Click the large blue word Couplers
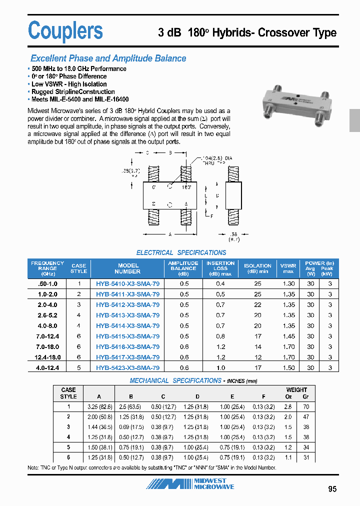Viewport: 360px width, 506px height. pos(65,30)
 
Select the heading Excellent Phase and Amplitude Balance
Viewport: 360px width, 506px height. pos(108,58)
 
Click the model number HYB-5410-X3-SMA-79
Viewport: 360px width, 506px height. pos(127,283)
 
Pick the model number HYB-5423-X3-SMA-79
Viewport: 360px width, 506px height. pos(127,368)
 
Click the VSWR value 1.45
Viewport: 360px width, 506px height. pos(288,336)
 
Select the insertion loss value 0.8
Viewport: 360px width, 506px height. pos(220,336)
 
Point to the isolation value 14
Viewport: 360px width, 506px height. pos(257,347)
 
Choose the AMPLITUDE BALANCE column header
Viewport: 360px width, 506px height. pos(183,268)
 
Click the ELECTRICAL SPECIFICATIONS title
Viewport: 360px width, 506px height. pos(181,253)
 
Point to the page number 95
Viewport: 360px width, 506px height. pos(332,489)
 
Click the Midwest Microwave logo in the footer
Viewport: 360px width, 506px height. pos(190,484)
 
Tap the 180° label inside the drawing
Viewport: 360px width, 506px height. pos(186,187)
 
